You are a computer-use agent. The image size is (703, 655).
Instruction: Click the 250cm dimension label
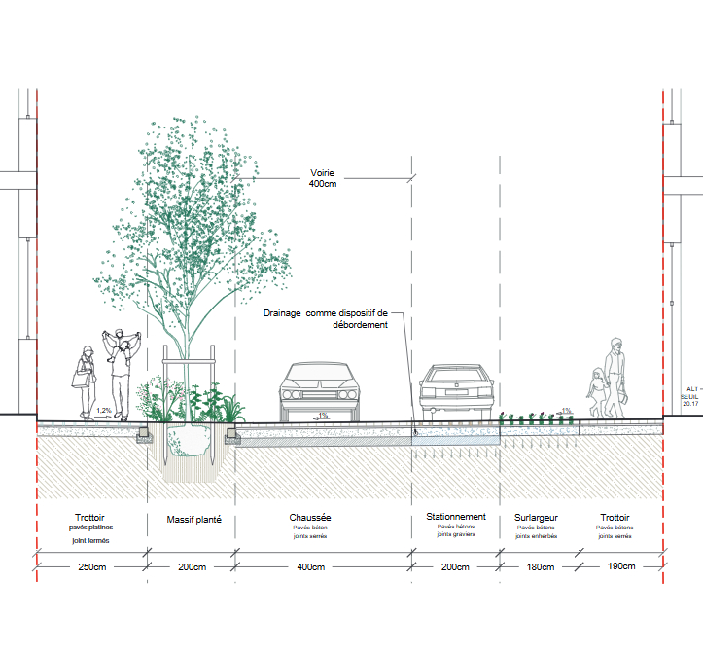[92, 566]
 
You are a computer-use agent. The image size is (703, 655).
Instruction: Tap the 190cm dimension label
[620, 566]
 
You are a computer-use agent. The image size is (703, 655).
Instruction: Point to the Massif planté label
[193, 519]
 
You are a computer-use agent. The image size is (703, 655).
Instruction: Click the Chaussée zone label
[312, 518]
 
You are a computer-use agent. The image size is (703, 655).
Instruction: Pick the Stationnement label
[456, 517]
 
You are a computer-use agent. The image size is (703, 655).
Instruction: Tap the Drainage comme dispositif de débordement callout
[327, 319]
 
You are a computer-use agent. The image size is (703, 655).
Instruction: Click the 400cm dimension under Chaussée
[312, 566]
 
